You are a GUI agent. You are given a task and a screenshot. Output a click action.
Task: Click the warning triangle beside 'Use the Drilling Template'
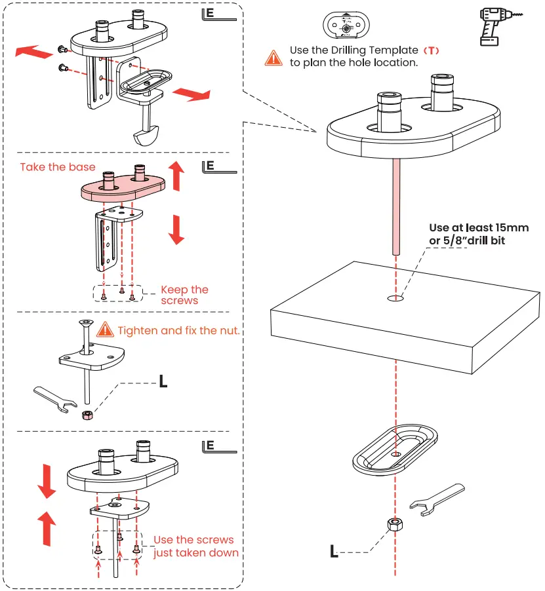coord(273,57)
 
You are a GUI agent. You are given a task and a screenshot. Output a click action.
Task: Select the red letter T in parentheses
coord(430,50)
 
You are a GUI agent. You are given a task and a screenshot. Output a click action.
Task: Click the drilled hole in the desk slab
coord(396,299)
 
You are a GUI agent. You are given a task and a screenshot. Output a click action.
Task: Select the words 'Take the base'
coord(57,167)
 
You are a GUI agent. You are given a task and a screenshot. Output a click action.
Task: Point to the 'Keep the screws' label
coord(184,295)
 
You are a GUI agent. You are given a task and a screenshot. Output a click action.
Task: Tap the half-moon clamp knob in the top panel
coord(147,136)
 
